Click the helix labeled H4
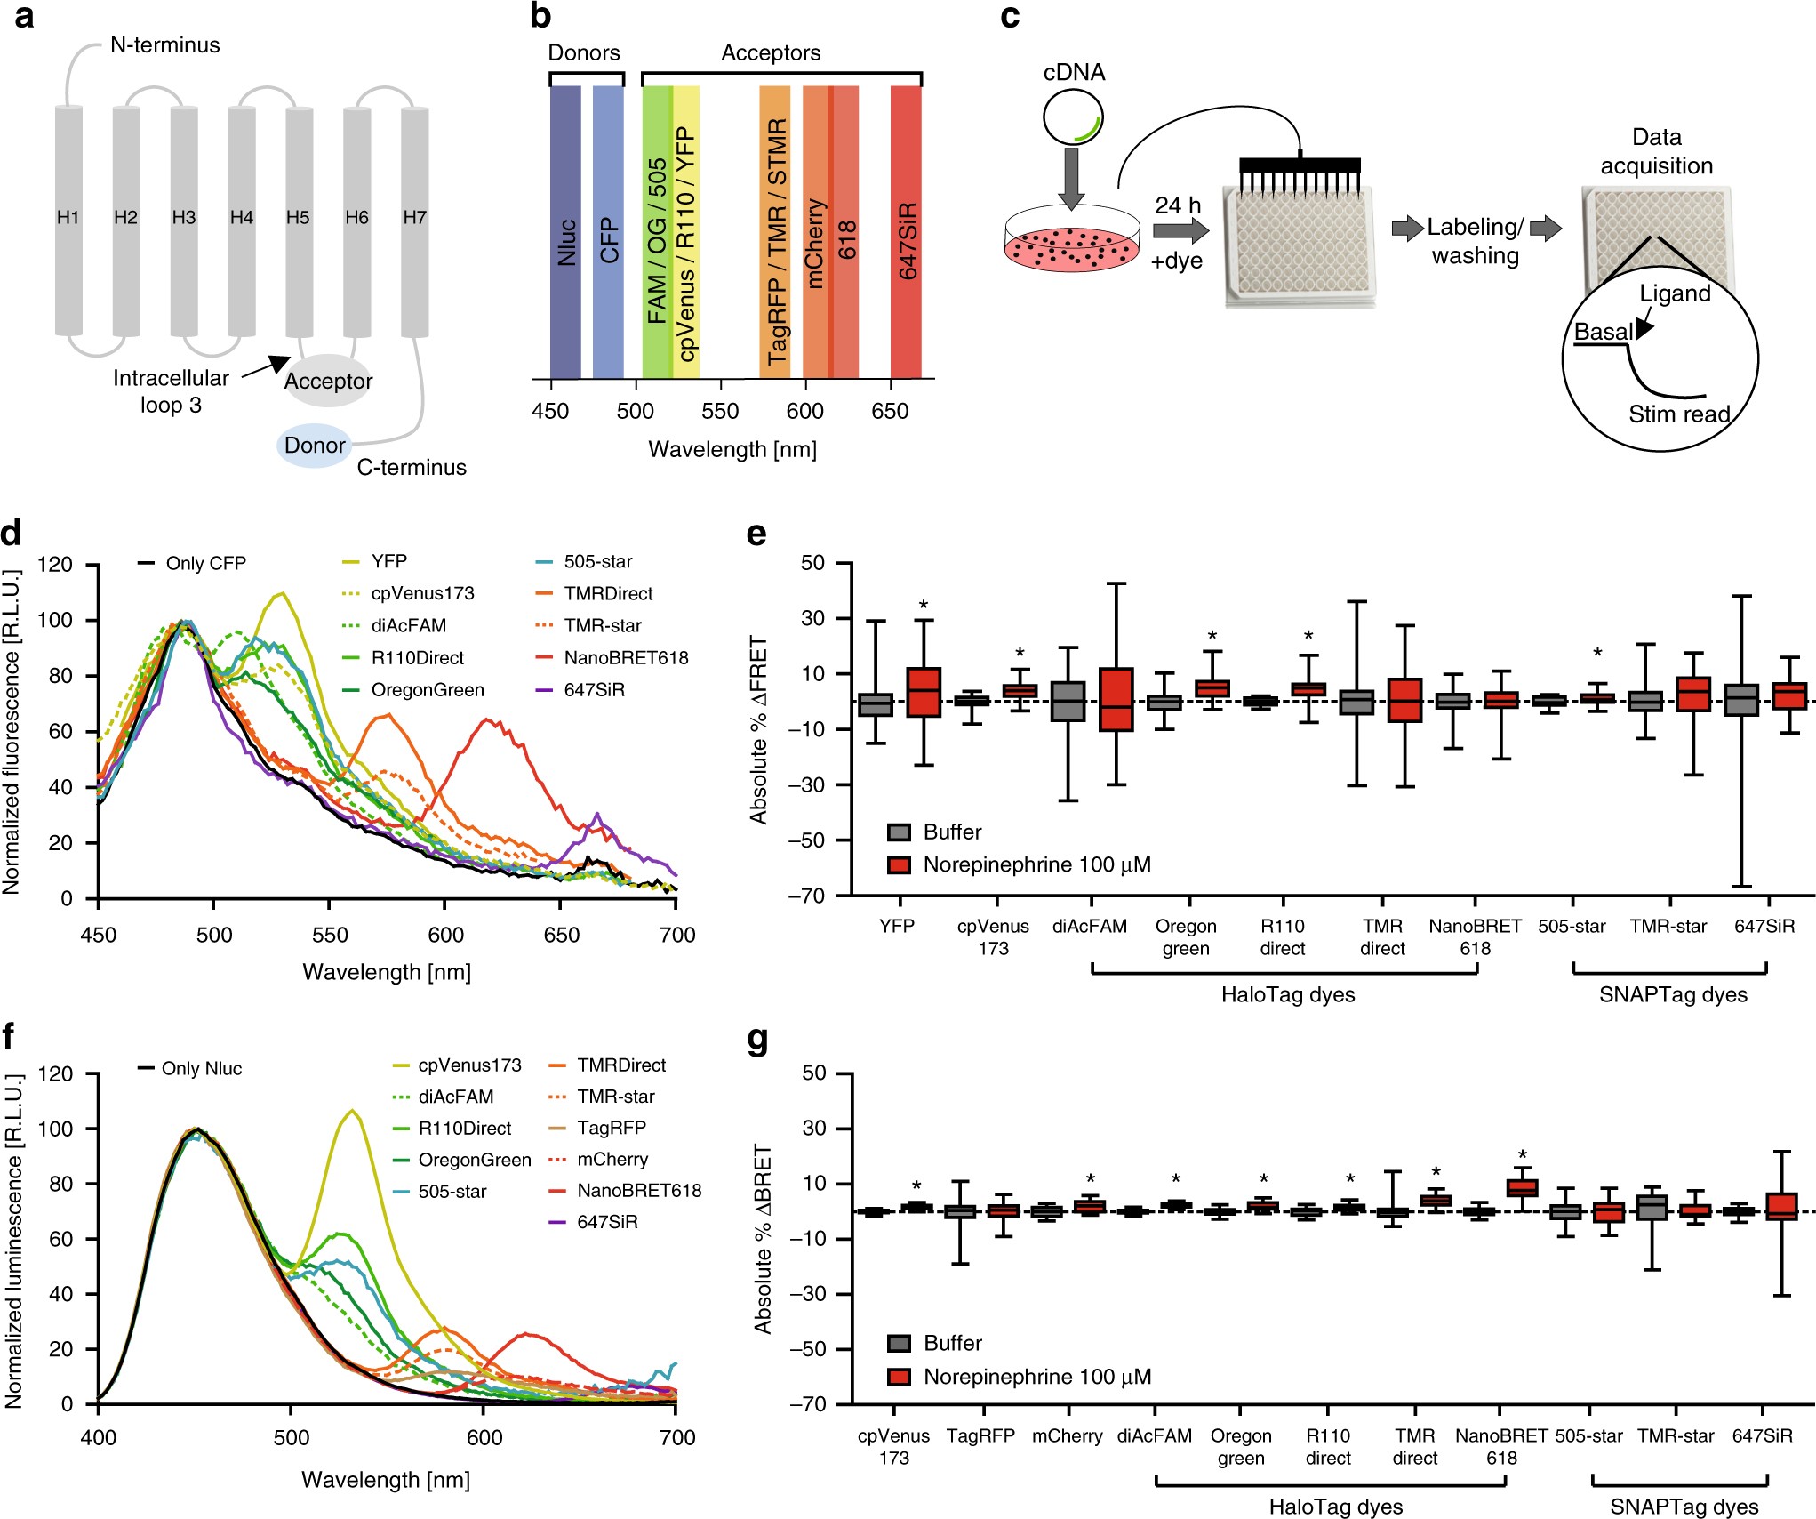point(242,219)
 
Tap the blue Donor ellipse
point(314,446)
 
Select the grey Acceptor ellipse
point(328,381)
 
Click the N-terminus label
point(164,45)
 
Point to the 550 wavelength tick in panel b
point(720,411)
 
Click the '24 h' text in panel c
point(1177,205)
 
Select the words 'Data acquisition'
point(1656,151)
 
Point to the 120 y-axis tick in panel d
point(55,565)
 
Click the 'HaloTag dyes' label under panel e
point(1287,994)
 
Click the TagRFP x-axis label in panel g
point(980,1435)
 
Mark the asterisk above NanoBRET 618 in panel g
point(1522,1156)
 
